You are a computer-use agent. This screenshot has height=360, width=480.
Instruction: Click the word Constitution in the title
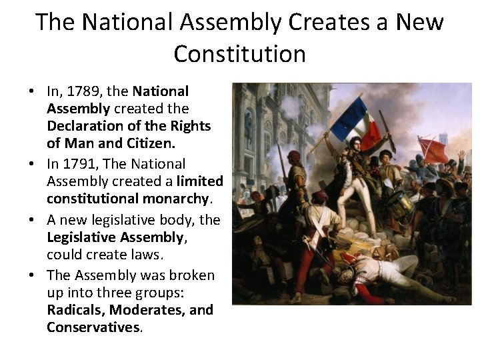click(x=240, y=53)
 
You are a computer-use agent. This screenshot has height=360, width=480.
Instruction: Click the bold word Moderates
click(x=146, y=310)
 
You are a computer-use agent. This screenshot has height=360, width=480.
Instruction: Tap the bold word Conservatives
click(x=93, y=327)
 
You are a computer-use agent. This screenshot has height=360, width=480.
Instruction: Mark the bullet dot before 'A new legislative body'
click(x=33, y=220)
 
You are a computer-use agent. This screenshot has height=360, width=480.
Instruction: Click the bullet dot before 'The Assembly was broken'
click(x=33, y=275)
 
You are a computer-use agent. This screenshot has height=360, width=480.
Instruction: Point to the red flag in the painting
click(x=433, y=151)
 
